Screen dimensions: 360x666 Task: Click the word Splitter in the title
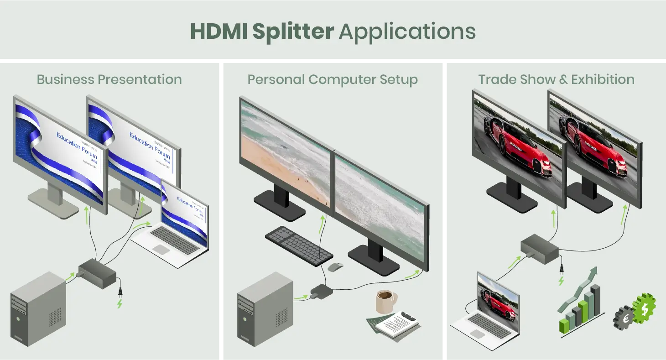pyautogui.click(x=293, y=31)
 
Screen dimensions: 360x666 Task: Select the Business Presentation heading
pyautogui.click(x=109, y=79)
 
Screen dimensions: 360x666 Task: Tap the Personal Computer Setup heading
pyautogui.click(x=333, y=79)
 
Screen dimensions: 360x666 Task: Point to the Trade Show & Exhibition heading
pyautogui.click(x=556, y=79)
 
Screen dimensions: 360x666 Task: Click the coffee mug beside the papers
pyautogui.click(x=384, y=301)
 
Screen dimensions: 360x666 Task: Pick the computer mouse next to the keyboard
pyautogui.click(x=336, y=266)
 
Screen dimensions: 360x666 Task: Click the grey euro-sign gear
pyautogui.click(x=624, y=318)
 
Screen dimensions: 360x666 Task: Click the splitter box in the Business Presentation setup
pyautogui.click(x=97, y=273)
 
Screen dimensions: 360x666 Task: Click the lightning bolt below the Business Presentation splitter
pyautogui.click(x=120, y=303)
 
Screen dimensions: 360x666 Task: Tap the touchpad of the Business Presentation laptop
pyautogui.click(x=161, y=249)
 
